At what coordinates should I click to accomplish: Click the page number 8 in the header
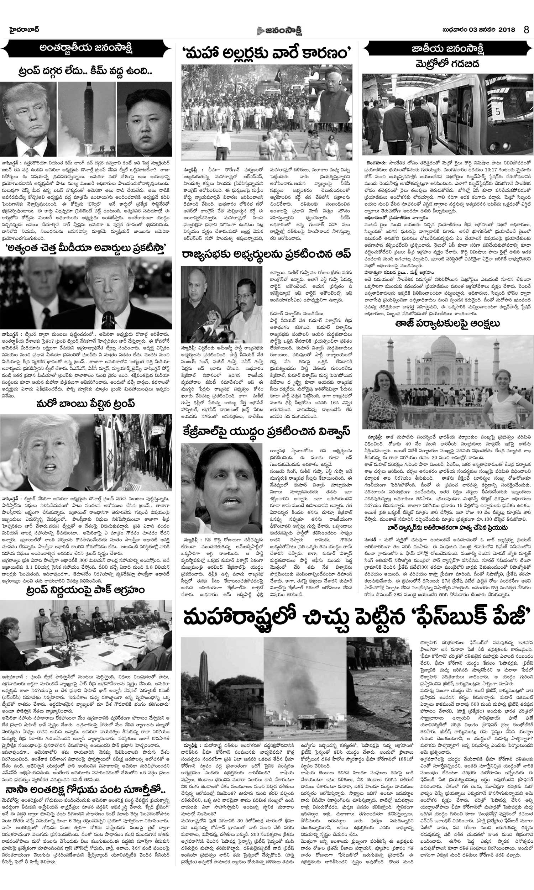tap(527, 30)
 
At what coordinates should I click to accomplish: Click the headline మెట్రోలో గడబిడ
tap(447, 65)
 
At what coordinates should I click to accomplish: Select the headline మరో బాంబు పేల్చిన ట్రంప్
tap(86, 404)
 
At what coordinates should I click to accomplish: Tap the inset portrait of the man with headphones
tap(334, 94)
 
